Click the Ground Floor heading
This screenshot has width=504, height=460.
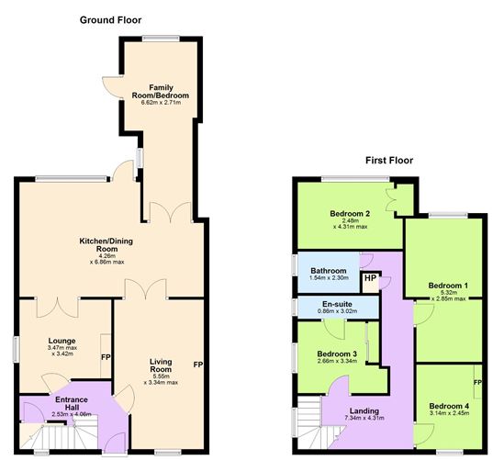[x=110, y=20]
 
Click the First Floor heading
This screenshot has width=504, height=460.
[x=389, y=160]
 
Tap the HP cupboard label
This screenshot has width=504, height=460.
[x=370, y=278]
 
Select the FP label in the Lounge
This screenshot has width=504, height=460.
[x=106, y=357]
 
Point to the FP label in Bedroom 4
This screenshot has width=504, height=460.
[x=477, y=383]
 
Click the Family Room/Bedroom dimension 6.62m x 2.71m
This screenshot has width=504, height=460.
[x=161, y=103]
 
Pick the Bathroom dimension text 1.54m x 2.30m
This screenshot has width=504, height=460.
[x=329, y=277]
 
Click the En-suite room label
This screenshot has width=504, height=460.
[x=337, y=304]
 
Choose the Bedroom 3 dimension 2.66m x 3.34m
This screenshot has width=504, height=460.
[x=337, y=361]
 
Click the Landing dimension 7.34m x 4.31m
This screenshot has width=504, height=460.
[x=364, y=418]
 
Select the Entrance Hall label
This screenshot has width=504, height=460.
[x=72, y=403]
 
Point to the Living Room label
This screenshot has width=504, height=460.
[x=161, y=365]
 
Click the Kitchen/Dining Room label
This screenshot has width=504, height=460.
[x=106, y=245]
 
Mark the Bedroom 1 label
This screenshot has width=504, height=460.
[x=448, y=286]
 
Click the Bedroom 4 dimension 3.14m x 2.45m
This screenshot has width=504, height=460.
[x=449, y=413]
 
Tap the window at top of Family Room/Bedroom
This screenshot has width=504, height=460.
[x=161, y=39]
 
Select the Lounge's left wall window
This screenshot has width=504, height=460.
[x=16, y=349]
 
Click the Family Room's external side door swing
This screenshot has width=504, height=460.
[x=111, y=88]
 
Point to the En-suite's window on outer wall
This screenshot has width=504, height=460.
[x=295, y=307]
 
